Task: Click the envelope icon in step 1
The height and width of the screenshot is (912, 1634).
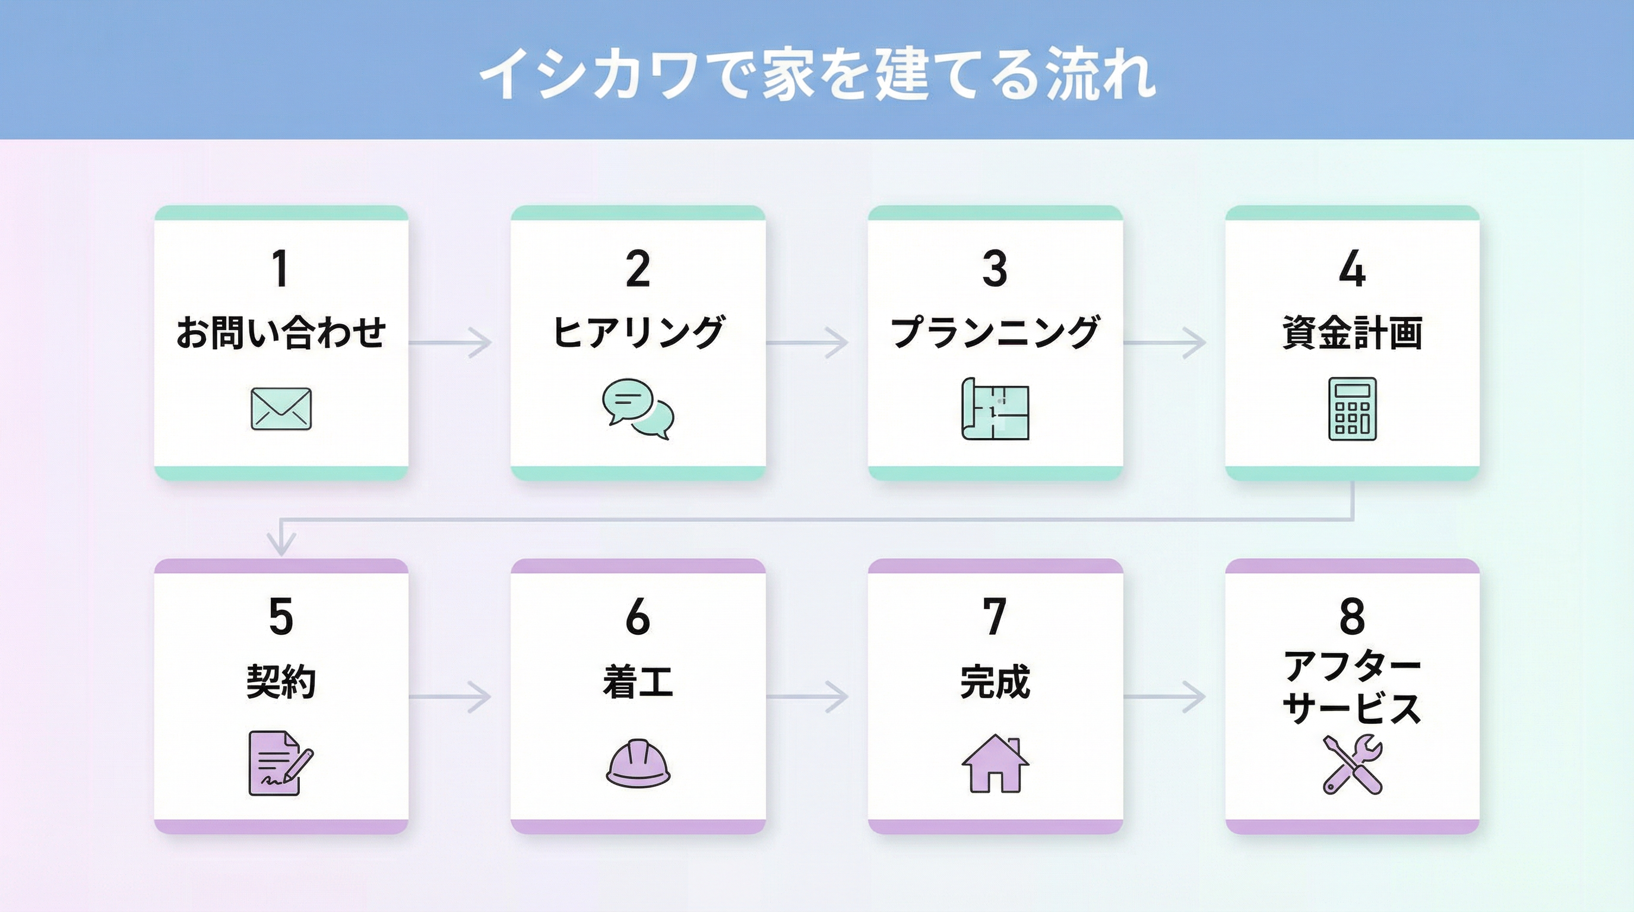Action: (x=281, y=409)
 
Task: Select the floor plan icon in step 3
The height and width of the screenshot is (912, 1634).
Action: (x=995, y=409)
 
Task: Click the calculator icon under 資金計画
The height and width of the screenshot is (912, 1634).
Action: (x=1353, y=409)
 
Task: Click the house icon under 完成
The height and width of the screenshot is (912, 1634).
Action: (x=995, y=764)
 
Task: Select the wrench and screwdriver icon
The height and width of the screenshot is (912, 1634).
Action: (x=1353, y=764)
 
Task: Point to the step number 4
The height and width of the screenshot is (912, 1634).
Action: (x=1353, y=269)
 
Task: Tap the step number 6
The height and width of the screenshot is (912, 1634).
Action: (x=638, y=616)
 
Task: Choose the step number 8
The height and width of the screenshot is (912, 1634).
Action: (x=1353, y=616)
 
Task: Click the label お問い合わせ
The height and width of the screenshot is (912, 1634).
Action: (x=281, y=332)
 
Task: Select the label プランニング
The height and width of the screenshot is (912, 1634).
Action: (x=995, y=332)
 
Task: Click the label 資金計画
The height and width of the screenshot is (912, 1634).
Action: (x=1353, y=332)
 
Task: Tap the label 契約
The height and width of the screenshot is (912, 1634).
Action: (x=281, y=682)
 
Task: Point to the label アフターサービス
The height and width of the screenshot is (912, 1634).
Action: (x=1353, y=687)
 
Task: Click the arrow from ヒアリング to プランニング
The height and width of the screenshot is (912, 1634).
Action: (x=807, y=343)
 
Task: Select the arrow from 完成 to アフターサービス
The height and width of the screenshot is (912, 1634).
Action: (x=1164, y=697)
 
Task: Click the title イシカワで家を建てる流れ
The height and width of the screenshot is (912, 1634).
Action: (x=817, y=75)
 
